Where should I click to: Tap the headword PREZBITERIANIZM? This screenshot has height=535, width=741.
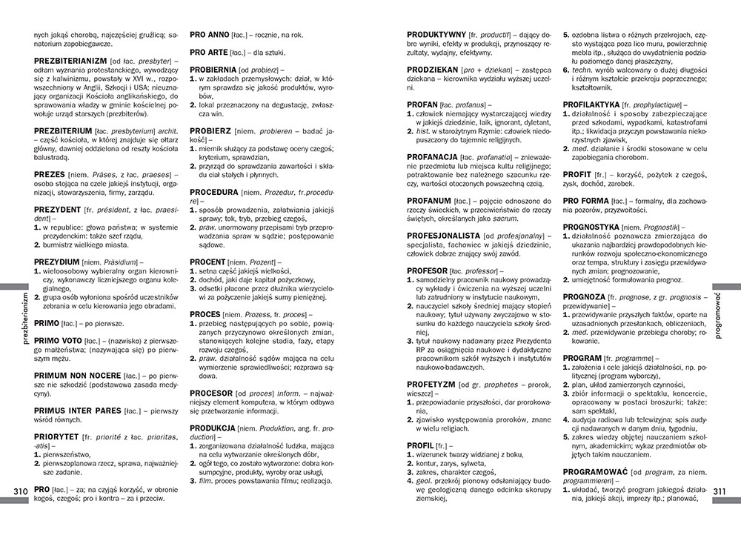click(x=70, y=59)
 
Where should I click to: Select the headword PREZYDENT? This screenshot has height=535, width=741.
click(x=58, y=210)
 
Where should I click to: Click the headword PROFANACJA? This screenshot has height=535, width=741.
click(x=432, y=157)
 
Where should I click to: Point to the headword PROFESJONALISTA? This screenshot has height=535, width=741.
click(x=443, y=235)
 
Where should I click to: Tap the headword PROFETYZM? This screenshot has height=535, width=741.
click(x=431, y=384)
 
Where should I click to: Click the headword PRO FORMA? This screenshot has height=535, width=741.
click(x=586, y=200)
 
